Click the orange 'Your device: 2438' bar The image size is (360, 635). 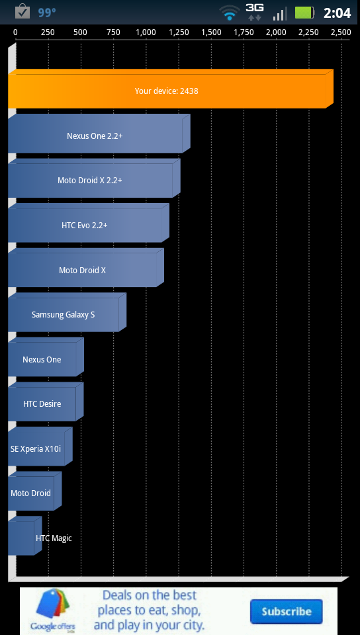pos(171,89)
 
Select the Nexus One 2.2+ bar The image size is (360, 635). pos(99,134)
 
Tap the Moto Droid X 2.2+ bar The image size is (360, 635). pos(95,178)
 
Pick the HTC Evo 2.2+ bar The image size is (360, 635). pos(89,223)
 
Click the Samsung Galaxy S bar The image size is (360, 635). pos(67,312)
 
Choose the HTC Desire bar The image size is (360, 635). pos(46,402)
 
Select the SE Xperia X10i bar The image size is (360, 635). pos(40,446)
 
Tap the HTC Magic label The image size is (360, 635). pos(54,538)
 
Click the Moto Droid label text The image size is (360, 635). pos(31,493)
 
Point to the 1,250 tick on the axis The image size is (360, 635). pos(179,32)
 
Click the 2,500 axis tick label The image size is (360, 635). pos(341,32)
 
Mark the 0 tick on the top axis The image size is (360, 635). pos(15,32)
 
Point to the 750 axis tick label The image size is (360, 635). pos(113,32)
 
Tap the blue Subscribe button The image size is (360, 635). pos(287,611)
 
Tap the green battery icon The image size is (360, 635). pos(304,13)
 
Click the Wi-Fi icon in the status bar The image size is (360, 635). pos(230,13)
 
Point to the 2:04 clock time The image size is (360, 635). pos(337,13)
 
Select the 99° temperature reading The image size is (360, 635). pos(47,13)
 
